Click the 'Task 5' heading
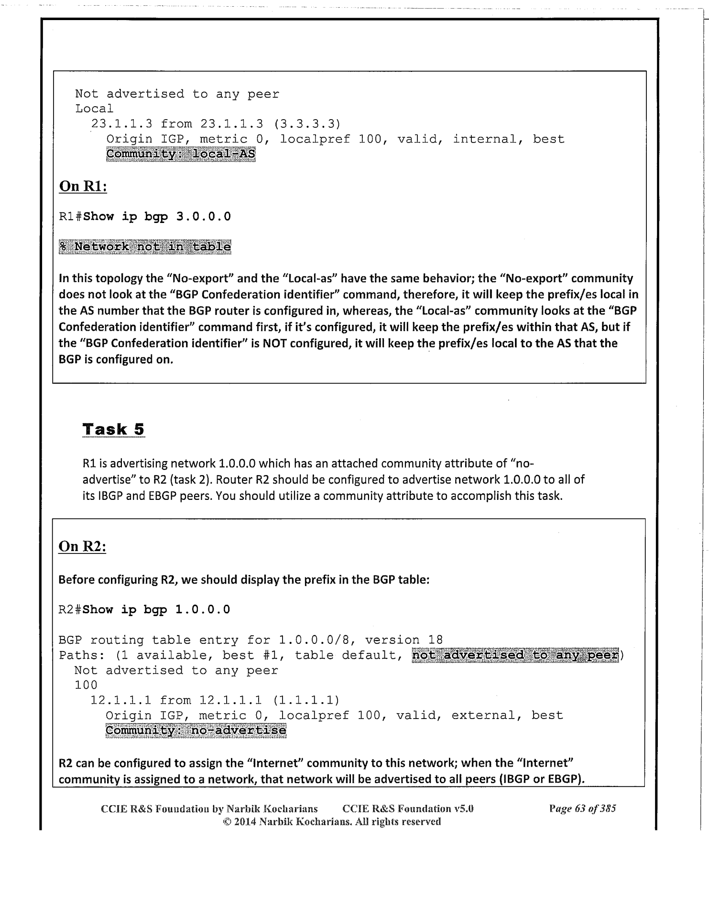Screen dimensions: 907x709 [x=113, y=429]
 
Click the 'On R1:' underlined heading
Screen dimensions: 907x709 [x=82, y=186]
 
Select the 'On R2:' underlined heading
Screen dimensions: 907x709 [x=82, y=546]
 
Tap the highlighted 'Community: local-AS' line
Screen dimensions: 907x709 [x=181, y=155]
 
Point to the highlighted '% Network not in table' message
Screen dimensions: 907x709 [x=145, y=247]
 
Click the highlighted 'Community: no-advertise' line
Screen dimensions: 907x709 [x=196, y=730]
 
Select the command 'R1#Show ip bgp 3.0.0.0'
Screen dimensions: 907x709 [x=145, y=217]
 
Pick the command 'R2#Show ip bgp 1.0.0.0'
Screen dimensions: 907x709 [x=144, y=609]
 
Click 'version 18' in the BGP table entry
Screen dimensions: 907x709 [x=404, y=640]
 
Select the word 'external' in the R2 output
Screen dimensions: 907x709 [x=483, y=716]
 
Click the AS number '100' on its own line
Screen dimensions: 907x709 [x=86, y=685]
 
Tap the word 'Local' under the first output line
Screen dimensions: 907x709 [x=94, y=109]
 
